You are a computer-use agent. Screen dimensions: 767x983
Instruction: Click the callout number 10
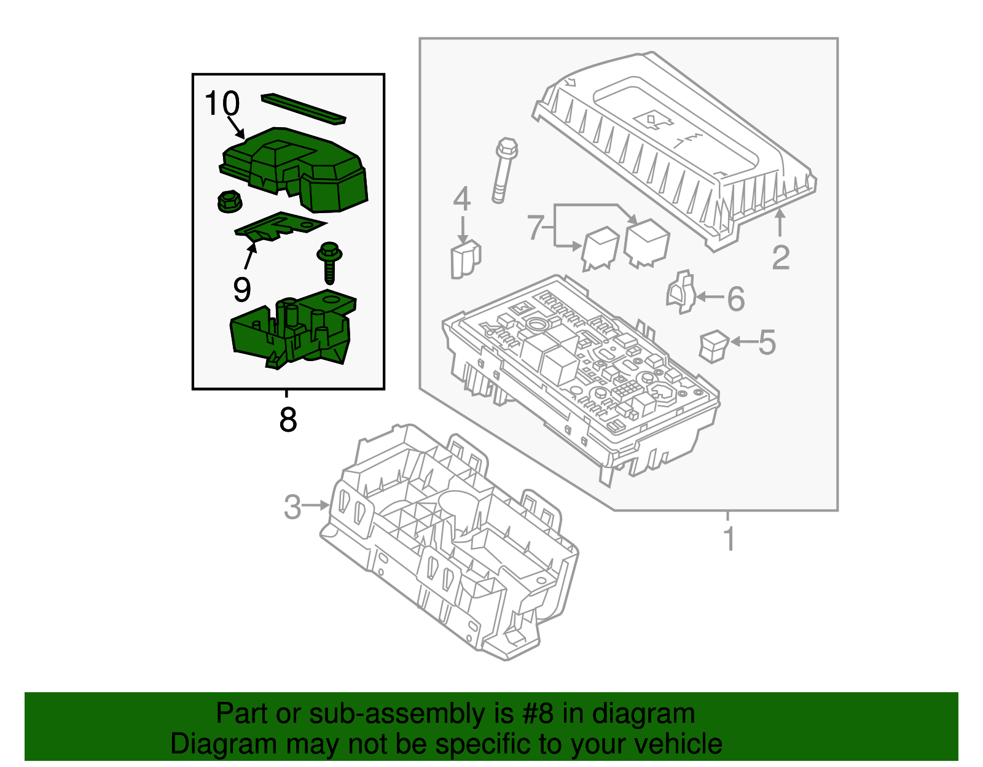[222, 103]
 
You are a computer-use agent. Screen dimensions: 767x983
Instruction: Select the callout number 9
[241, 289]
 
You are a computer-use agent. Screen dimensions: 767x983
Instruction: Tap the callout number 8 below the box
[288, 420]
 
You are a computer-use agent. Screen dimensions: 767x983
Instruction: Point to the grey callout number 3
[292, 507]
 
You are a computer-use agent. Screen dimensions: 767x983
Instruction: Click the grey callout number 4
[462, 200]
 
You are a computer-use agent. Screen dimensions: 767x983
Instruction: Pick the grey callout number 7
[535, 228]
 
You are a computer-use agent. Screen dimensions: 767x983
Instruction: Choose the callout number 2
[780, 257]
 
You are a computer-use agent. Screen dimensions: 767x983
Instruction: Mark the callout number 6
[735, 299]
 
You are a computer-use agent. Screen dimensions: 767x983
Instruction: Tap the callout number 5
[767, 342]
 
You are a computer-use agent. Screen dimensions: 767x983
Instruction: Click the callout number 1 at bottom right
[729, 539]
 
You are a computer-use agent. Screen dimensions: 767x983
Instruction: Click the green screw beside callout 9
[329, 262]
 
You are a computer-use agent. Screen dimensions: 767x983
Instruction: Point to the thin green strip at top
[303, 109]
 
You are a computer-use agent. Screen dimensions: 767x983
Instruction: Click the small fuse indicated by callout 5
[713, 346]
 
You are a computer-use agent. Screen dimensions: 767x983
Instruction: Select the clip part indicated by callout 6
[680, 292]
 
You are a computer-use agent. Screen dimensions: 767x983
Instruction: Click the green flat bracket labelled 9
[280, 225]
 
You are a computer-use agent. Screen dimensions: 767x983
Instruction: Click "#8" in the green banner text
[538, 714]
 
